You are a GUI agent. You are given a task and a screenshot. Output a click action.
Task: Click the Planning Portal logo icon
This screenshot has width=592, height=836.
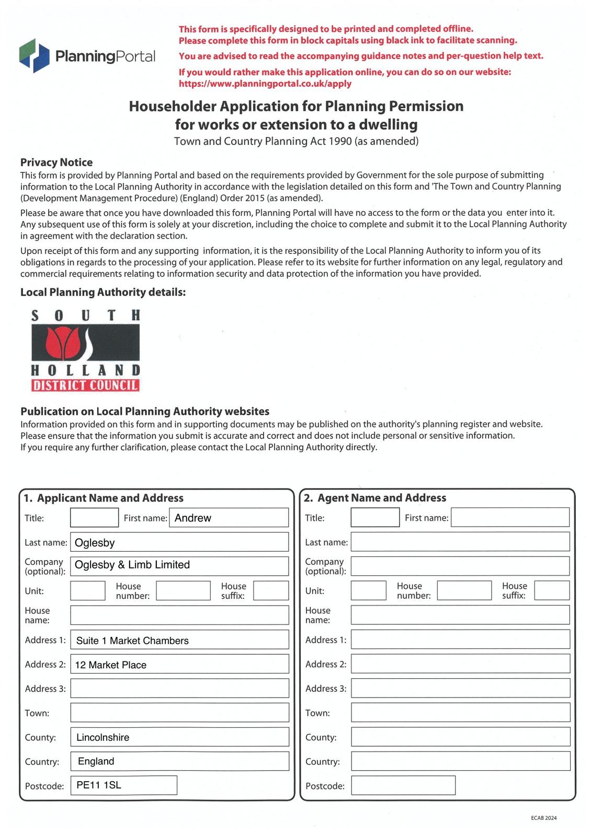click(35, 55)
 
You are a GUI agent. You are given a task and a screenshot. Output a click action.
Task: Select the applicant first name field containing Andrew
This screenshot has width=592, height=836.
click(229, 518)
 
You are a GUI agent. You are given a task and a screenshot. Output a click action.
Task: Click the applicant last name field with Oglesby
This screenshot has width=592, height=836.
click(179, 542)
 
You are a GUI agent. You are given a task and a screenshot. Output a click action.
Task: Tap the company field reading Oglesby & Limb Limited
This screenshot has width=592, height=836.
click(179, 565)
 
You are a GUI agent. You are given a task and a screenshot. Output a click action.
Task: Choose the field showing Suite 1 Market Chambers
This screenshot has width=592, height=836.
click(179, 640)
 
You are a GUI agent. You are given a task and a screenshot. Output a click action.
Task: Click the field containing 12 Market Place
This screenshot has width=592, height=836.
click(179, 664)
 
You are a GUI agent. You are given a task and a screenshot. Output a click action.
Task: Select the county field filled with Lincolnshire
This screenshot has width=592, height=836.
click(179, 737)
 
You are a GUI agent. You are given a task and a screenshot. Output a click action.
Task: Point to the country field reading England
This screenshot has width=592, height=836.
click(179, 761)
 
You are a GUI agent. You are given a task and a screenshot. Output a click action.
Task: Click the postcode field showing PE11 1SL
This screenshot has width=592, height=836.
click(124, 785)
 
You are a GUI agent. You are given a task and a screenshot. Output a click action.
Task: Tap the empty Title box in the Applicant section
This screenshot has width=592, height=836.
click(94, 518)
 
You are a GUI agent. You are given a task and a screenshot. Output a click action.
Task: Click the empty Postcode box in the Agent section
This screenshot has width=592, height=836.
click(403, 785)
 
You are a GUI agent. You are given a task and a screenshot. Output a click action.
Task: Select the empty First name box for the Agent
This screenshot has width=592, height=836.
click(510, 518)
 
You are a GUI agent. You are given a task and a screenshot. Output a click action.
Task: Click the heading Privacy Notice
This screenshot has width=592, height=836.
click(56, 162)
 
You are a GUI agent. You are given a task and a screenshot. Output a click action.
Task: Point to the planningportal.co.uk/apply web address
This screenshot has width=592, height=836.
click(265, 84)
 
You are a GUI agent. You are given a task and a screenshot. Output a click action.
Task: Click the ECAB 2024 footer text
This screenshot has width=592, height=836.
click(543, 818)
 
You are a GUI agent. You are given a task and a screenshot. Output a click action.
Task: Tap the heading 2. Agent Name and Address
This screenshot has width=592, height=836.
click(375, 498)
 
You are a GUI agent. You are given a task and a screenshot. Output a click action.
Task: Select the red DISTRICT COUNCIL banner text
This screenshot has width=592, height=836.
click(85, 386)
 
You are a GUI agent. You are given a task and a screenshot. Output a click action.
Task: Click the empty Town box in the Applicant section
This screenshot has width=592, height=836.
click(179, 713)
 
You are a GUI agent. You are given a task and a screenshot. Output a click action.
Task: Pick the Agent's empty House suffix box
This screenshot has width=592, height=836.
click(552, 590)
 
